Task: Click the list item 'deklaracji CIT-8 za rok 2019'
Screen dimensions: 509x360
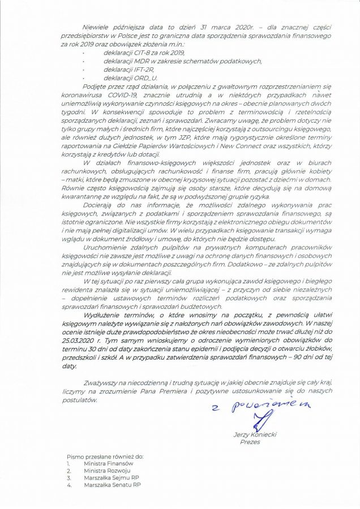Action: click(x=134, y=51)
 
